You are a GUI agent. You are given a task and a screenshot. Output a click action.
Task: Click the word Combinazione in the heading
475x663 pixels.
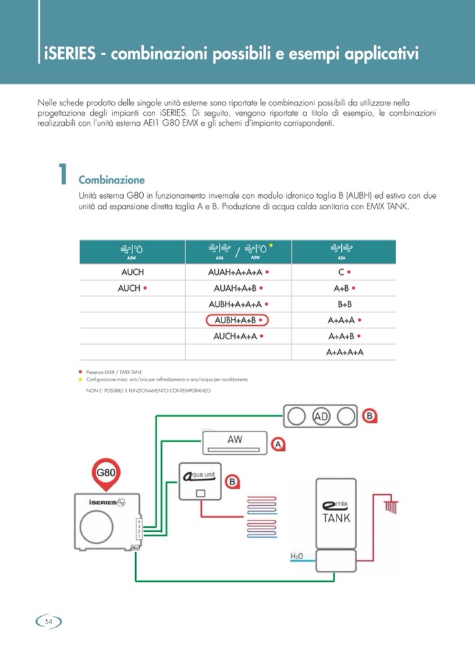coord(111,180)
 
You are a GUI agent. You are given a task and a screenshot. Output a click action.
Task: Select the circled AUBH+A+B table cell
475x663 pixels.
coord(237,320)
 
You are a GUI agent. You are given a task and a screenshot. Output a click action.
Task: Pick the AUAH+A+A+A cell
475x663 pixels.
coord(237,272)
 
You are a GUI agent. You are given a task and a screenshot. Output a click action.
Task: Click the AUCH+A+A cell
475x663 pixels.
coord(237,336)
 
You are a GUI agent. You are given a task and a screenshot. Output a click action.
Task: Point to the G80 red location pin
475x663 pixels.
coord(107,472)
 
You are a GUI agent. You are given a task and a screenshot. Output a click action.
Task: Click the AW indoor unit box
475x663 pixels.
coord(235,442)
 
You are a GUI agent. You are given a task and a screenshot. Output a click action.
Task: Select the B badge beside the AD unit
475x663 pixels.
coord(369,416)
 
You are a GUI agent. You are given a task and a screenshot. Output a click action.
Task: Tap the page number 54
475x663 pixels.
coord(49,622)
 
